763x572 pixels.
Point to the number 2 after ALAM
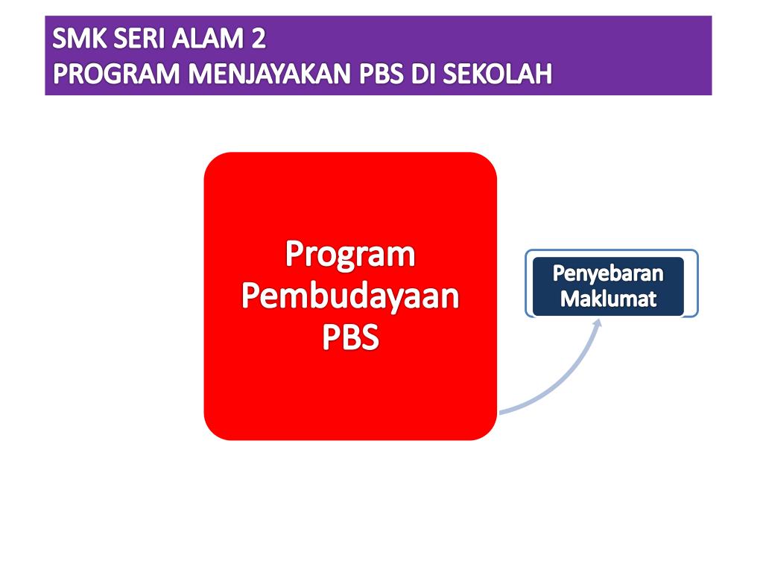tap(258, 37)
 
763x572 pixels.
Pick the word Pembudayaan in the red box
tap(350, 298)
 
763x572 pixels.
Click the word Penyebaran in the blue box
tap(608, 274)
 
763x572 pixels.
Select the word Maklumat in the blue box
tap(608, 299)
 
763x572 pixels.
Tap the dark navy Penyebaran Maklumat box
tap(608, 287)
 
